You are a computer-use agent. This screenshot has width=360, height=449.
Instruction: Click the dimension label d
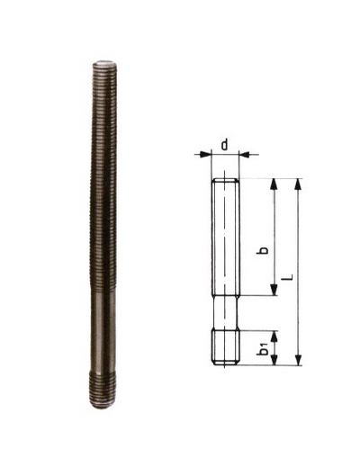[225, 145]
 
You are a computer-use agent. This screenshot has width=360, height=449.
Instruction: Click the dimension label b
[263, 250]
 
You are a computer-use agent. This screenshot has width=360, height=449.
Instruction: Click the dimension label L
[288, 277]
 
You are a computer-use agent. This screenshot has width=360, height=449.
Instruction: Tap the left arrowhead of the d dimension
[206, 154]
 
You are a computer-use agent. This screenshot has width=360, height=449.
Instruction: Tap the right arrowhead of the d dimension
[245, 154]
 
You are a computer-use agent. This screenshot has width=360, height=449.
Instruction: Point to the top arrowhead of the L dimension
[298, 184]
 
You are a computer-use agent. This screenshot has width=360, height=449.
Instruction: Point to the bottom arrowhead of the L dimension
[298, 360]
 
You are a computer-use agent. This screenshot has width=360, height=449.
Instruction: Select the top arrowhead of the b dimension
[274, 184]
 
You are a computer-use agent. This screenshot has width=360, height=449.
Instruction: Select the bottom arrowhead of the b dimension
[274, 290]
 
